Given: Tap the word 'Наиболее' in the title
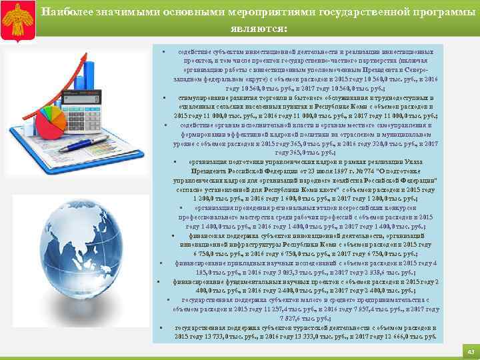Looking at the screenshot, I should click(66, 11).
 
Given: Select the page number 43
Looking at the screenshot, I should click(470, 351).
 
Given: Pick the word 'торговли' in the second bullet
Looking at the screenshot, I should click(259, 98).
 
